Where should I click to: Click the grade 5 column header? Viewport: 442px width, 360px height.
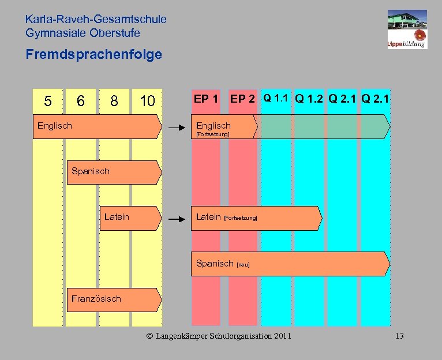(x=48, y=101)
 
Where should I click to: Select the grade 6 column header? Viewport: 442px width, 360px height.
(x=81, y=101)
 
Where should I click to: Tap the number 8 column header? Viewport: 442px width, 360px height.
(x=114, y=101)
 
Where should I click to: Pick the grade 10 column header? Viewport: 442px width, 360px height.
(x=147, y=101)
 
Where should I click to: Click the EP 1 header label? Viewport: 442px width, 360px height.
(x=206, y=99)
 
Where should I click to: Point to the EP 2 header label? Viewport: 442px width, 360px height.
(x=242, y=99)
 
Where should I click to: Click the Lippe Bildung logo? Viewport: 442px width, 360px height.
(x=407, y=29)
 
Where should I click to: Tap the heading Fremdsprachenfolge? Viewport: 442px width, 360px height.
(x=93, y=55)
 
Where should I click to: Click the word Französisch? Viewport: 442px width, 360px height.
(x=96, y=298)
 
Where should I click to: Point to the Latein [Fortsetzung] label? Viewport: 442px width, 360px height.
(x=227, y=217)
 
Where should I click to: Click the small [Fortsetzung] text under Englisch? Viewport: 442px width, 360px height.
(x=212, y=134)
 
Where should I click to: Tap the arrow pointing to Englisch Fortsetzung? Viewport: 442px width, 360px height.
(x=176, y=126)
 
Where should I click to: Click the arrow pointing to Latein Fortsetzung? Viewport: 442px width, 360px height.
(x=176, y=219)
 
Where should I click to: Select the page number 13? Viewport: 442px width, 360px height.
(x=400, y=336)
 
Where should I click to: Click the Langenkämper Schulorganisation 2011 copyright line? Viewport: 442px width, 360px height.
(x=219, y=336)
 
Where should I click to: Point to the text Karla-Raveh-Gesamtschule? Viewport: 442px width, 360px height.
(x=96, y=19)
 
